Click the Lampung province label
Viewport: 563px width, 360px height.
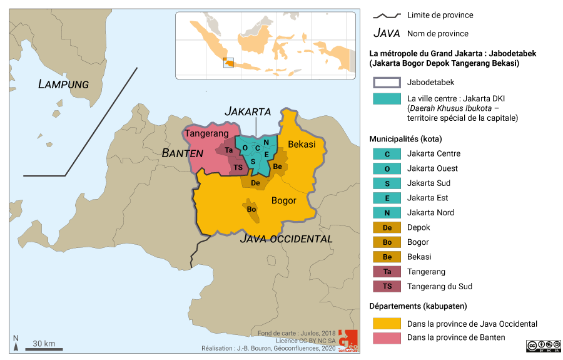(63, 84)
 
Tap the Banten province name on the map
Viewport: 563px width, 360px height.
(182, 153)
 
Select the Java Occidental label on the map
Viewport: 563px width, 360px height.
(287, 239)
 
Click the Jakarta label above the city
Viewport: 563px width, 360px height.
(248, 111)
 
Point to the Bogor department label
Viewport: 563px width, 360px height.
(283, 200)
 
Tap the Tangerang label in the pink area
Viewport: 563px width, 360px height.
(205, 133)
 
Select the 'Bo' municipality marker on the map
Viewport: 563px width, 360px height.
(251, 208)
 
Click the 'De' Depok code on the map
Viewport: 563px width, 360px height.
(255, 183)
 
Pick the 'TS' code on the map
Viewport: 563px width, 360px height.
(238, 167)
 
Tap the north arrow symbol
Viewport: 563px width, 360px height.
(16, 342)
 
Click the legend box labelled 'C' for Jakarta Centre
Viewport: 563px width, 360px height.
(387, 154)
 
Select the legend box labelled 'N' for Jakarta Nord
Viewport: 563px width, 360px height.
(387, 213)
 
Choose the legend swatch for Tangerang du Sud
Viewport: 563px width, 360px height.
(387, 287)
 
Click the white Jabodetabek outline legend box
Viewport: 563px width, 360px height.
(387, 83)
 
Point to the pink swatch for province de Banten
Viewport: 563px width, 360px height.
(387, 338)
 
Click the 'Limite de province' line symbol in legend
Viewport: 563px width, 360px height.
(387, 15)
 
